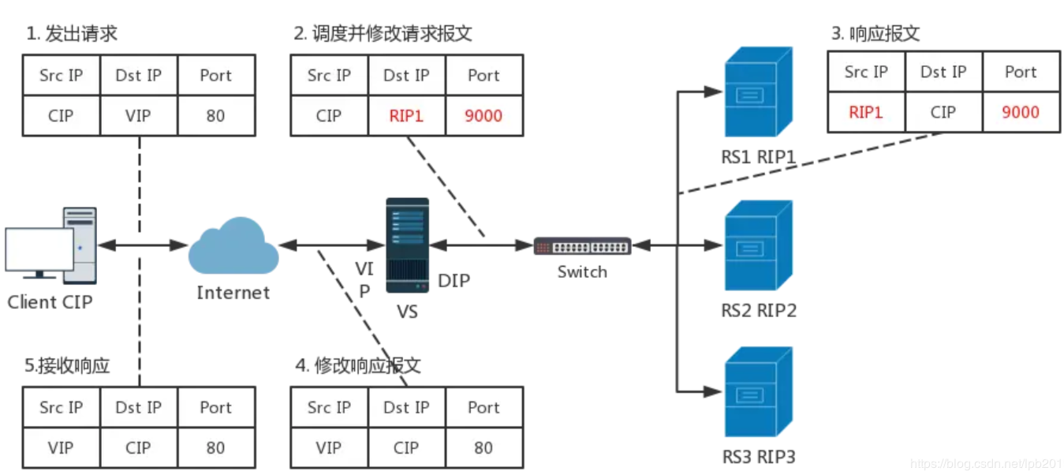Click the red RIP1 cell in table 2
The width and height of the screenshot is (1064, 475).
[x=406, y=116]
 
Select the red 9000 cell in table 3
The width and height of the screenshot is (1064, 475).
[x=1020, y=112]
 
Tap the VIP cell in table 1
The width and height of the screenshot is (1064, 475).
[x=138, y=116]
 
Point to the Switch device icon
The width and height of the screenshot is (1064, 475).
[x=582, y=246]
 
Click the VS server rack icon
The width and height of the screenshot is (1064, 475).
[x=407, y=245]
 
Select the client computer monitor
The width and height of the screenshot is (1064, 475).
[x=39, y=251]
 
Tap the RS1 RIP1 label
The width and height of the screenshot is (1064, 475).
[x=758, y=157]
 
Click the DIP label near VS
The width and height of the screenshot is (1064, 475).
[x=454, y=280]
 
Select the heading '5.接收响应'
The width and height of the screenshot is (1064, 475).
[x=67, y=366]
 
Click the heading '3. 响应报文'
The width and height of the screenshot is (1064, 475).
[x=875, y=34]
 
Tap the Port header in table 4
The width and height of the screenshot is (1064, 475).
[x=483, y=408]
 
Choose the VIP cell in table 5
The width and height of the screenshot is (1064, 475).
[x=61, y=448]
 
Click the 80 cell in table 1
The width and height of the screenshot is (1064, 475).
[x=215, y=116]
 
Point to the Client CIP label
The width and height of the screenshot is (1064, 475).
[x=50, y=302]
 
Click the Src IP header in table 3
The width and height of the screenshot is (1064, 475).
[x=865, y=73]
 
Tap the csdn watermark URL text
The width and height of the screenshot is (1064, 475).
[x=986, y=464]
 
